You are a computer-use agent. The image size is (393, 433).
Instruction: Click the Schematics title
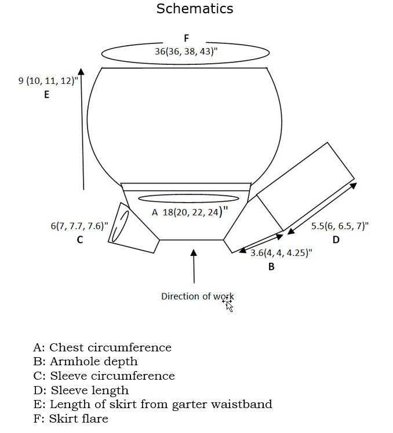point(195,9)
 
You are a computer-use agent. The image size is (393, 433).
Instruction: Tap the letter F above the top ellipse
point(187,38)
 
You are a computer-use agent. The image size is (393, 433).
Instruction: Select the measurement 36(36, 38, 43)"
point(186,52)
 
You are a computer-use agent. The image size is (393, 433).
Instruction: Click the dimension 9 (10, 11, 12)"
point(48,81)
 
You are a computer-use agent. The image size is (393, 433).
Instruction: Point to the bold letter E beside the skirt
point(47,96)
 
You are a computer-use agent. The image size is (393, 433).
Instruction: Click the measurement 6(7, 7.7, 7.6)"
point(79,226)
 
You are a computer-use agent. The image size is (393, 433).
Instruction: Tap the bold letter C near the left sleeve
point(80,240)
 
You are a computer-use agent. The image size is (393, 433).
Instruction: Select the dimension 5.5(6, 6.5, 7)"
point(340,226)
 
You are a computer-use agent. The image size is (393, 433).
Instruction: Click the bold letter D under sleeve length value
point(336,240)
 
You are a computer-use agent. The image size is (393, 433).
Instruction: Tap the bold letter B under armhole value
point(271,267)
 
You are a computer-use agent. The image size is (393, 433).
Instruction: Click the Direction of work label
point(197,296)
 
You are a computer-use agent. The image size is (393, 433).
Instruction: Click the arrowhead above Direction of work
point(194,253)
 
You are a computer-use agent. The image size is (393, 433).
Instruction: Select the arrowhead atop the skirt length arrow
point(81,71)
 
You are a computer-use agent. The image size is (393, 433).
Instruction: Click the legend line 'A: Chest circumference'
point(103,348)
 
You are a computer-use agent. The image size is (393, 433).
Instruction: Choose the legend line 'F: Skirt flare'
point(71,419)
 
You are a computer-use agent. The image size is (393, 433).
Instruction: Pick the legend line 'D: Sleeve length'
point(81,390)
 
